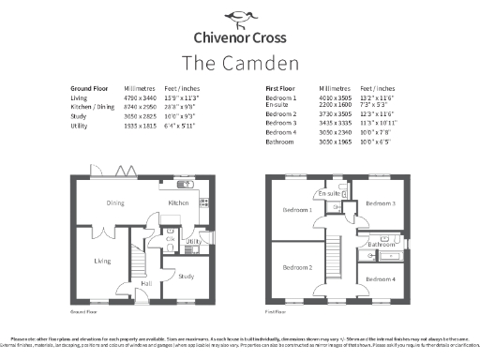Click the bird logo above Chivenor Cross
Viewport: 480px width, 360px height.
point(239,17)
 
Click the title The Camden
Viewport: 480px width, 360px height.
point(239,63)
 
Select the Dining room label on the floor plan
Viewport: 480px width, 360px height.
point(115,202)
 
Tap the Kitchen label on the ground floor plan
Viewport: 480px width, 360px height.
point(178,202)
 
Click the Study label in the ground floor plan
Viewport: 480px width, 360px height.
point(186,276)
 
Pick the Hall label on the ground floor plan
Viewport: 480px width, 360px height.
point(146,282)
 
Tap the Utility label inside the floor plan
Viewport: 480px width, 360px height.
point(193,242)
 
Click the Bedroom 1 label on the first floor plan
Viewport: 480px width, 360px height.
point(297,210)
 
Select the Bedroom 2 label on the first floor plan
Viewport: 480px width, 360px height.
point(297,267)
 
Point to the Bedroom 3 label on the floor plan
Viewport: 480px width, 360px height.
point(381,203)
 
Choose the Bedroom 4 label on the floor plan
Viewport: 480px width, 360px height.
point(381,279)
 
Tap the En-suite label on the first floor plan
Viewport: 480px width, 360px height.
point(329,193)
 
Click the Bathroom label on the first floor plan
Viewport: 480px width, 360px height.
point(381,244)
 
